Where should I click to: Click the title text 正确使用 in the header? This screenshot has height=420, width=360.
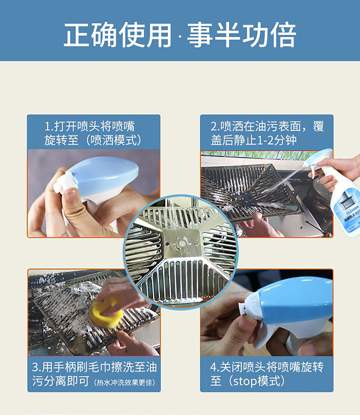(x=118, y=35)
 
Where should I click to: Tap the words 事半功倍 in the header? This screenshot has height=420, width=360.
(x=241, y=35)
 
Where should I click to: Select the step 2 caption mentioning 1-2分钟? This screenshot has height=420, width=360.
(x=267, y=133)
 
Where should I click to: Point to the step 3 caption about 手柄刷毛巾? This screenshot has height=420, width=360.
(x=94, y=374)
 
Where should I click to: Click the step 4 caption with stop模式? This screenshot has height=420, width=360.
(x=267, y=374)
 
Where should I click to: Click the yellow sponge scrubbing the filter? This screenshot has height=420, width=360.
(x=106, y=311)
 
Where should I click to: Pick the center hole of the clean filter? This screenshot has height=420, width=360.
(x=181, y=244)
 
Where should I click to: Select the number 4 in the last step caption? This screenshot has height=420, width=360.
(x=213, y=367)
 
